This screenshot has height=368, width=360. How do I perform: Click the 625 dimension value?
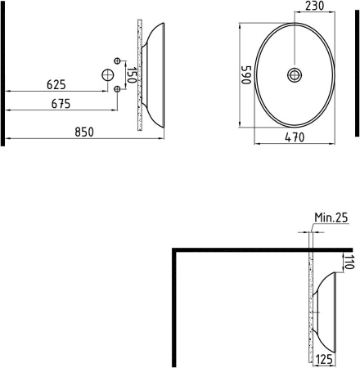[x=56, y=84]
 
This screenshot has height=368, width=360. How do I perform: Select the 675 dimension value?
[x=61, y=104]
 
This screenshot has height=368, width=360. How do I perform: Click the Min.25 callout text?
[x=331, y=218]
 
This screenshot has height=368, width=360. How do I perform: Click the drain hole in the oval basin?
[x=294, y=74]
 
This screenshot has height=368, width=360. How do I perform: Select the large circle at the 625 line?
[x=108, y=75]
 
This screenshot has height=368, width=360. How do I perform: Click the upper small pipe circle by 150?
[x=118, y=62]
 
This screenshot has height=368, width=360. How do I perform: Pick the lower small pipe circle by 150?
[x=118, y=88]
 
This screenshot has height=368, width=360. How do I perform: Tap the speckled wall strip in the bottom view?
[x=312, y=311]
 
